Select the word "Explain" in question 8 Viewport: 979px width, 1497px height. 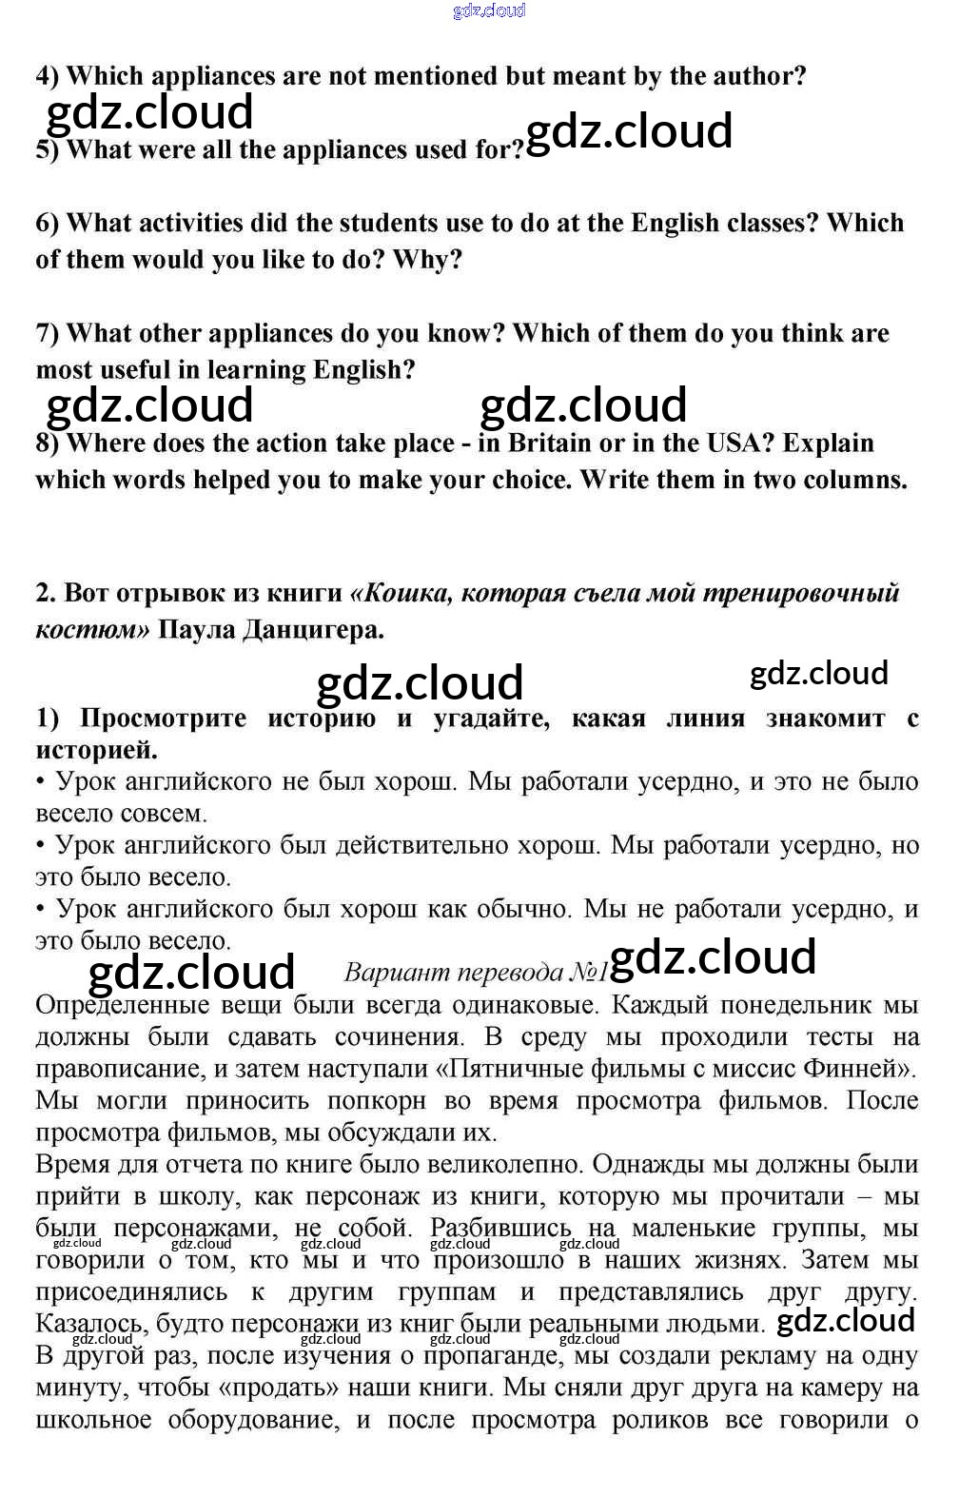828,443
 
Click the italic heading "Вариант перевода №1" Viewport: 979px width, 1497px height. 475,972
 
